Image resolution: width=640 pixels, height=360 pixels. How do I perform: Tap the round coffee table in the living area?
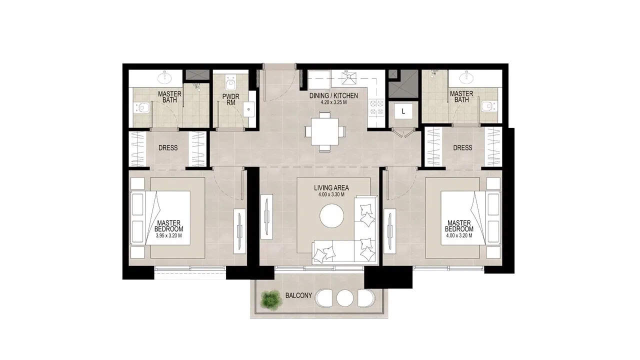click(331, 215)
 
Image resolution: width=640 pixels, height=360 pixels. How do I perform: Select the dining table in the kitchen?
click(325, 131)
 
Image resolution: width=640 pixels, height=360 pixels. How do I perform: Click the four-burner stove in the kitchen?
click(376, 107)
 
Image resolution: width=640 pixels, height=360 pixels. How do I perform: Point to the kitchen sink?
click(349, 78)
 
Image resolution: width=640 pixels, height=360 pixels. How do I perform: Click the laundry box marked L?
click(403, 111)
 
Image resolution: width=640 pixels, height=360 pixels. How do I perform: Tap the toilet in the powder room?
click(230, 83)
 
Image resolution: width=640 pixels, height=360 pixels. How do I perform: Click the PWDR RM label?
click(231, 99)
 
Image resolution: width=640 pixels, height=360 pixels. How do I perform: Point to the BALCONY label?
click(298, 295)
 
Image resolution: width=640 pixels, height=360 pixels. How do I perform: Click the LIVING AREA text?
click(331, 187)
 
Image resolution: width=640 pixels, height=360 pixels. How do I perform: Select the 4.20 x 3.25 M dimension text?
click(333, 102)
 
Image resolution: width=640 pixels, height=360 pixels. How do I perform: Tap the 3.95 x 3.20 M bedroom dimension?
click(169, 235)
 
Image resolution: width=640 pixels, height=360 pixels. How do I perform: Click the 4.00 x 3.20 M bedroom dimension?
click(459, 235)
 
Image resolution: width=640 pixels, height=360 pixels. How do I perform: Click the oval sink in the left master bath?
click(164, 77)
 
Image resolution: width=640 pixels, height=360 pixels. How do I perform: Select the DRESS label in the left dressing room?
click(168, 147)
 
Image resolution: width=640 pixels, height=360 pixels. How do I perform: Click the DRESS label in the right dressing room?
click(462, 147)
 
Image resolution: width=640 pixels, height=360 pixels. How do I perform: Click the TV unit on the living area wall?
click(266, 216)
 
